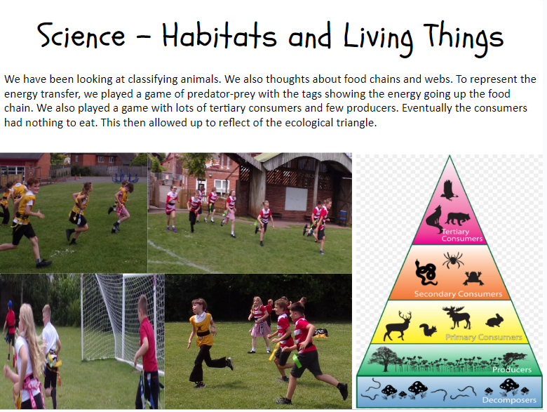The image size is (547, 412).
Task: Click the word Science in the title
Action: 81,35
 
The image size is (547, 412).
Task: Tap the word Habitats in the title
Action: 220,34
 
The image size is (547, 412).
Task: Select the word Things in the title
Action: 464,38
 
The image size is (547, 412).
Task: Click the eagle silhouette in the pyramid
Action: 449,190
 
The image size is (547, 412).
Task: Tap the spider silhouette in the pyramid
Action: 453,260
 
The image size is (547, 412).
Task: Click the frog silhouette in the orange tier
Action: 473,278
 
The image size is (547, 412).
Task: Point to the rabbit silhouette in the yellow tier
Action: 494,321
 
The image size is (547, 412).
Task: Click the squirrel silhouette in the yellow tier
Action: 428,330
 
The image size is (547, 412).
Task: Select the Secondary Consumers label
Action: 458,294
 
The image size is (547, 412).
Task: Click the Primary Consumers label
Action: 483,338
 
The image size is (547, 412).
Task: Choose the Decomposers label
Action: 509,400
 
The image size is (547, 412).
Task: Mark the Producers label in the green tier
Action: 512,369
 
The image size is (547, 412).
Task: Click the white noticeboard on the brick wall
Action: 296,199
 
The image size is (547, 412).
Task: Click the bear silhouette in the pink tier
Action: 457,218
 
